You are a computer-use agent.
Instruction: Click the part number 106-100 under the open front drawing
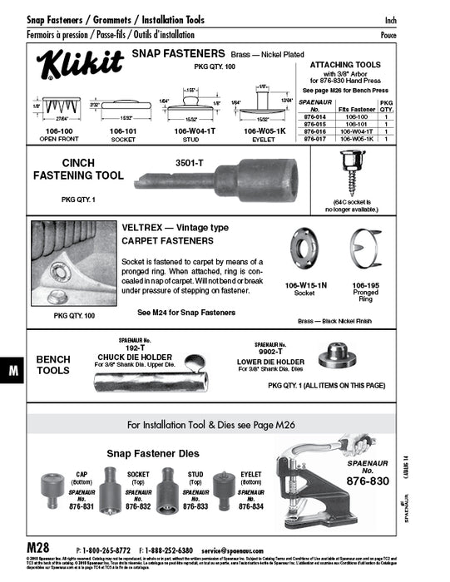pyautogui.click(x=54, y=131)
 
